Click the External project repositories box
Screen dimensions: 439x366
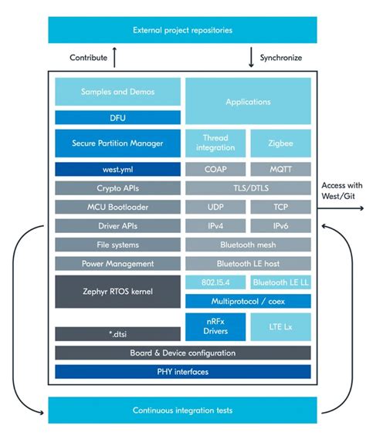click(182, 30)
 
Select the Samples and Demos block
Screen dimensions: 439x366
click(117, 92)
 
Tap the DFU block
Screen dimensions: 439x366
click(117, 117)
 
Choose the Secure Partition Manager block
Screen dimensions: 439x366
click(117, 143)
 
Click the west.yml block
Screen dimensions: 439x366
click(117, 168)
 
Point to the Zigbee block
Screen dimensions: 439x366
click(281, 143)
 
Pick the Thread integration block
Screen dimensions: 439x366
click(215, 143)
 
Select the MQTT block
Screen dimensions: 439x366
click(281, 168)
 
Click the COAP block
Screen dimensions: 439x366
click(215, 168)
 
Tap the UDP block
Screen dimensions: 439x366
click(215, 207)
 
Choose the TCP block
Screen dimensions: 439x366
click(281, 207)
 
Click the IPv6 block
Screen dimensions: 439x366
click(281, 225)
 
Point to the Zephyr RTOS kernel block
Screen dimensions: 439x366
click(117, 292)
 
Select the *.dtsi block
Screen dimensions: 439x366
click(117, 333)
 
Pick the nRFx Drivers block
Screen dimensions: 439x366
click(215, 327)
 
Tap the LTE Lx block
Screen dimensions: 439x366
click(281, 327)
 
